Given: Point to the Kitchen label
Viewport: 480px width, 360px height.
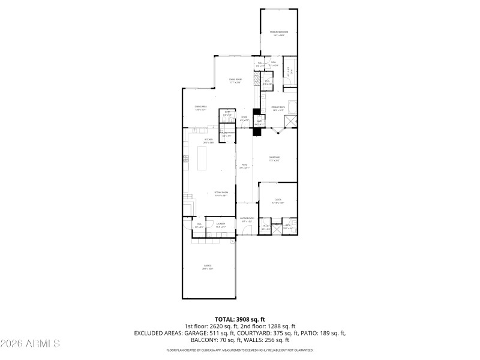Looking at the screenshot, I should tap(208, 141).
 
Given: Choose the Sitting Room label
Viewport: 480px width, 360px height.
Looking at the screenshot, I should tap(221, 194).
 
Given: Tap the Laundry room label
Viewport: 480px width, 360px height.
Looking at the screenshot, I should tap(220, 225).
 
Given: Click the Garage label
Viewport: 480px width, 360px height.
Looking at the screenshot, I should tap(207, 267).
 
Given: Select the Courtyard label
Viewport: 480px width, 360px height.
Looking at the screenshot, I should tap(274, 159).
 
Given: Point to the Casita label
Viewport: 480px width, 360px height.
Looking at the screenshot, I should tap(278, 201).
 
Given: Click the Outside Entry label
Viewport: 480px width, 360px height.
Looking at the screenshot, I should tap(247, 220).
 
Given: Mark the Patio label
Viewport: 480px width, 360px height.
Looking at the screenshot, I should tap(244, 166).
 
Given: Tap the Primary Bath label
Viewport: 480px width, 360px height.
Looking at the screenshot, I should tap(278, 109).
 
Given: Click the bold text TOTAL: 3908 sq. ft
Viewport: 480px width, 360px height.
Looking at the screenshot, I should tap(240, 319).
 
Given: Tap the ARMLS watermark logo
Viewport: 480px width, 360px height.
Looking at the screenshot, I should tap(30, 344).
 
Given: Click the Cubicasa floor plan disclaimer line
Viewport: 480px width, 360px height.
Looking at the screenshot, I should tap(240, 350).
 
